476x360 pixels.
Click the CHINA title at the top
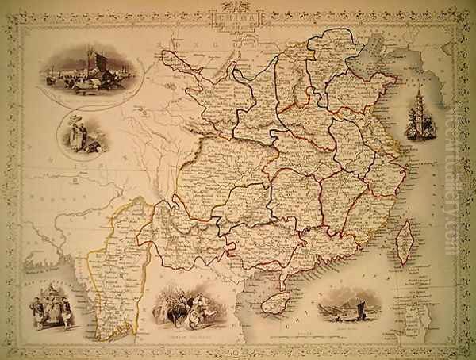237,17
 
